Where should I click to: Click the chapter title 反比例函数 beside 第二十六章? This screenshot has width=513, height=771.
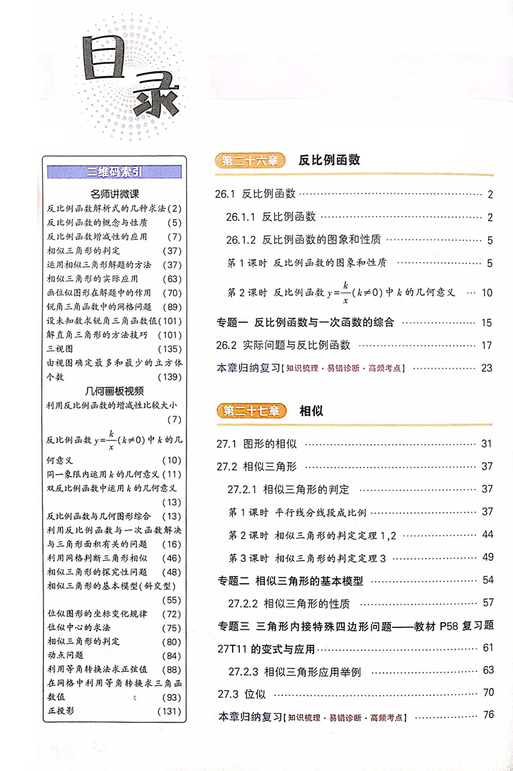pos(329,160)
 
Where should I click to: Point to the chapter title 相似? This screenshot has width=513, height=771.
pos(311,411)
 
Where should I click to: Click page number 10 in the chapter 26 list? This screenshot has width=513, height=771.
pos(486,293)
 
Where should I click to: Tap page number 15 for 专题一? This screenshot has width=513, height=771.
pos(486,323)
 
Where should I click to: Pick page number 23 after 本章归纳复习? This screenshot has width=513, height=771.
pos(486,368)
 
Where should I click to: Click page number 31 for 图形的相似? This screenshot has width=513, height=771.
pos(486,443)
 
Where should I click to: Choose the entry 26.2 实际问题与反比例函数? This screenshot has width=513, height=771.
pos(283,345)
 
